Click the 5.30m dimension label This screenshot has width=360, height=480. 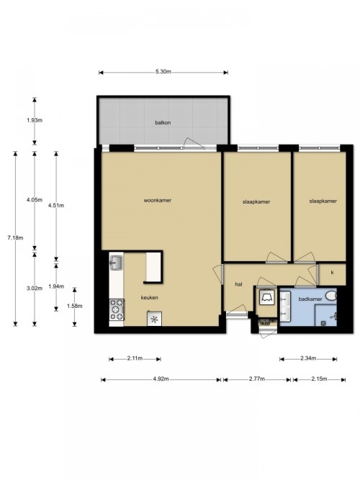[163, 72]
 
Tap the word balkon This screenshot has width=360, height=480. [163, 123]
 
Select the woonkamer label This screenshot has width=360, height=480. [158, 201]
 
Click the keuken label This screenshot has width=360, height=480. [150, 297]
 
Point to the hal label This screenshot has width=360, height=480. [238, 284]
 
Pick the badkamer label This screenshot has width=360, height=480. [310, 299]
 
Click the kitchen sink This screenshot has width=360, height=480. [117, 263]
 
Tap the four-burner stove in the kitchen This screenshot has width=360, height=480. [117, 309]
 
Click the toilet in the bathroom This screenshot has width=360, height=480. [331, 296]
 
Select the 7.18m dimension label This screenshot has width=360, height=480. [15, 237]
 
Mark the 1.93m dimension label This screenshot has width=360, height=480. [35, 120]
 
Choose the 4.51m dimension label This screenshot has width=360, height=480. [56, 205]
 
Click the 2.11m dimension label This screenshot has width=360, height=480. [135, 358]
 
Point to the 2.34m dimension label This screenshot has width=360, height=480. [308, 358]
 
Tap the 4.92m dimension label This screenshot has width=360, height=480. [161, 379]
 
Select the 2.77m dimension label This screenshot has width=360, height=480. [257, 379]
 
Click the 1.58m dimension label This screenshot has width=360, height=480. [74, 306]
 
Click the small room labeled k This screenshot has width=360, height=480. [333, 274]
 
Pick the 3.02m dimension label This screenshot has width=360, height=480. [35, 288]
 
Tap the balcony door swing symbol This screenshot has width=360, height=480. [193, 143]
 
